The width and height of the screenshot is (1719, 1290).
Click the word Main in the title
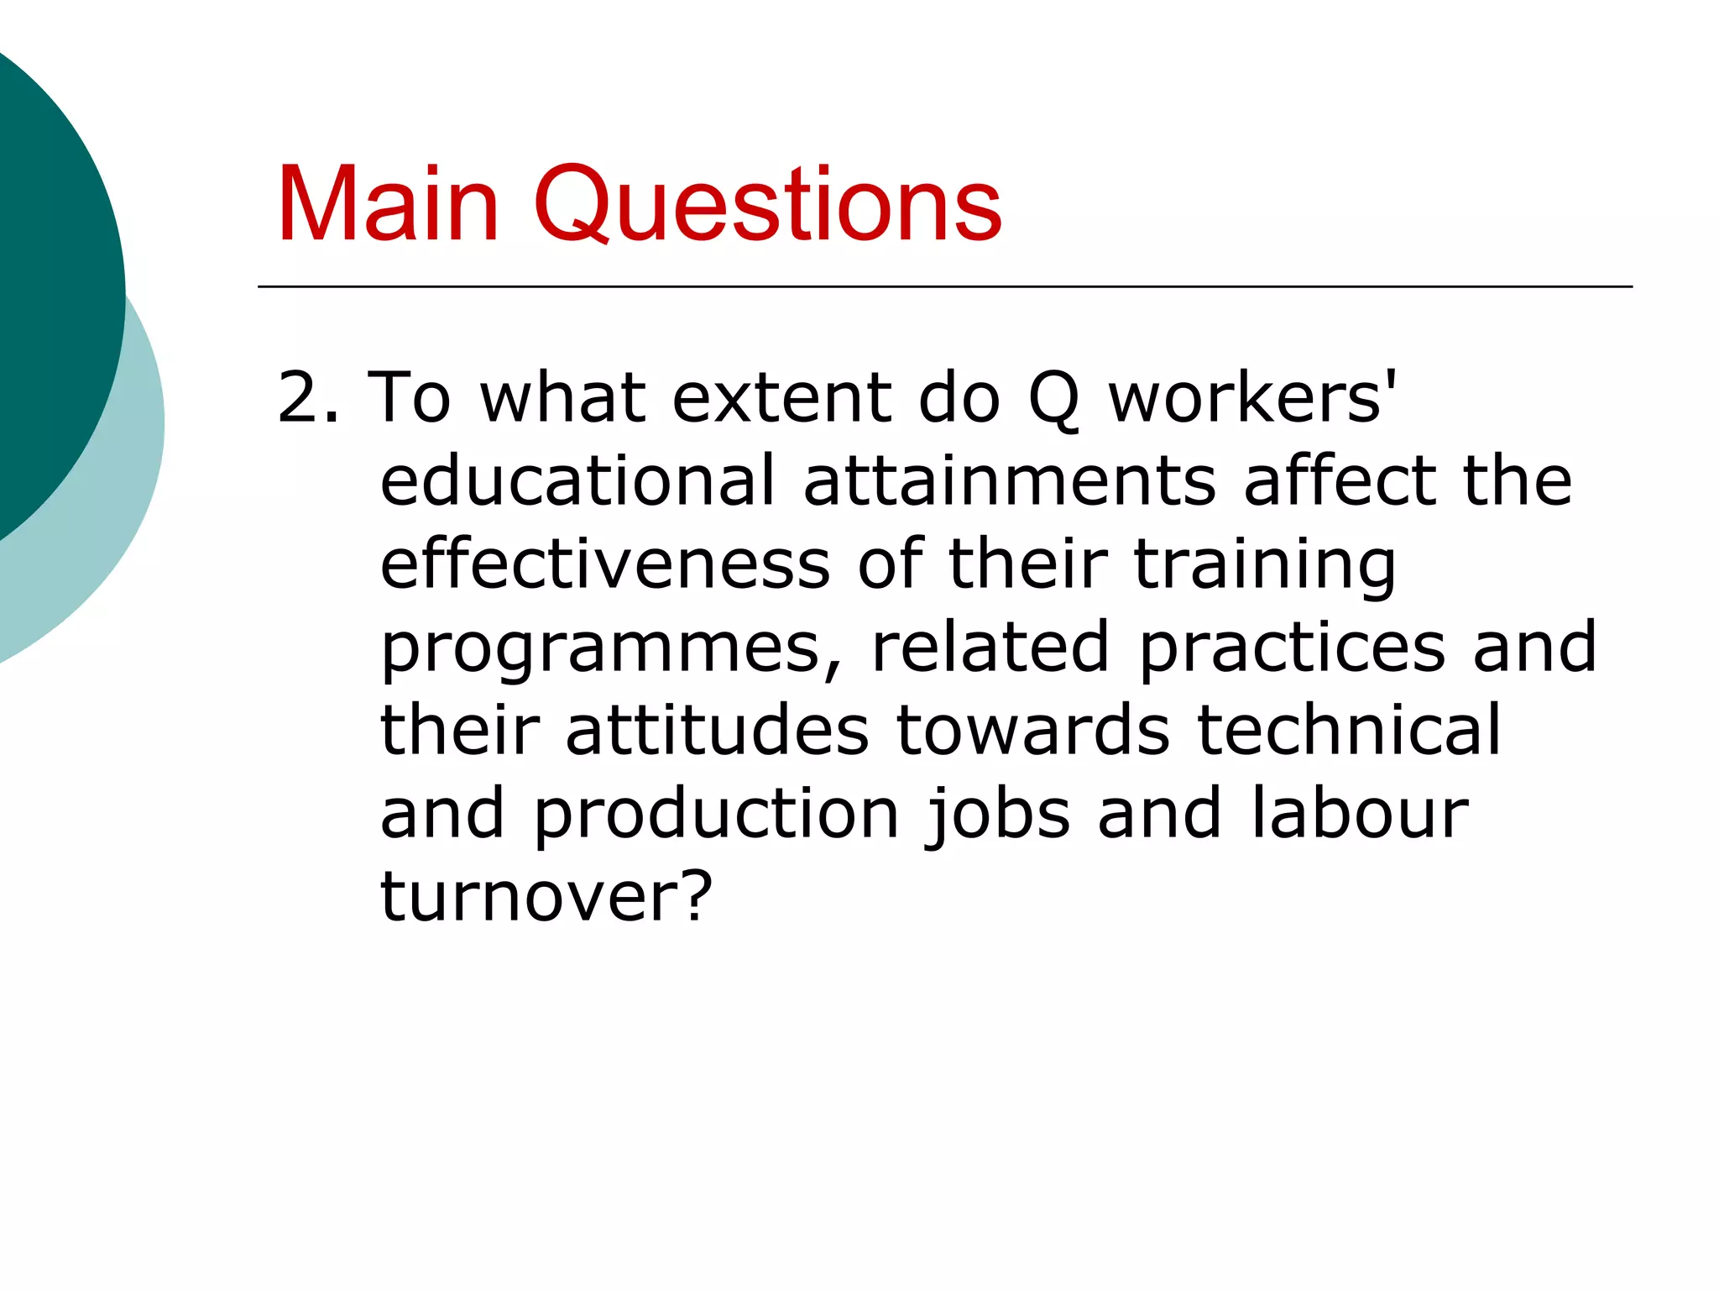coord(388,205)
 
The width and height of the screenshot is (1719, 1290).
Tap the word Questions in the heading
coord(767,207)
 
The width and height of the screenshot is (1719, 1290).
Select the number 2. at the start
coord(308,397)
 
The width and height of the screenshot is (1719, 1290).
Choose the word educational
coord(578,480)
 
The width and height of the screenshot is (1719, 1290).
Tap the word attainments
coord(1010,480)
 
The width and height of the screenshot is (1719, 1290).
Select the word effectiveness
coord(605,564)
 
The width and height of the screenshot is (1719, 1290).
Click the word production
coord(717,815)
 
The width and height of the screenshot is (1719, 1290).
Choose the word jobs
coord(998,815)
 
